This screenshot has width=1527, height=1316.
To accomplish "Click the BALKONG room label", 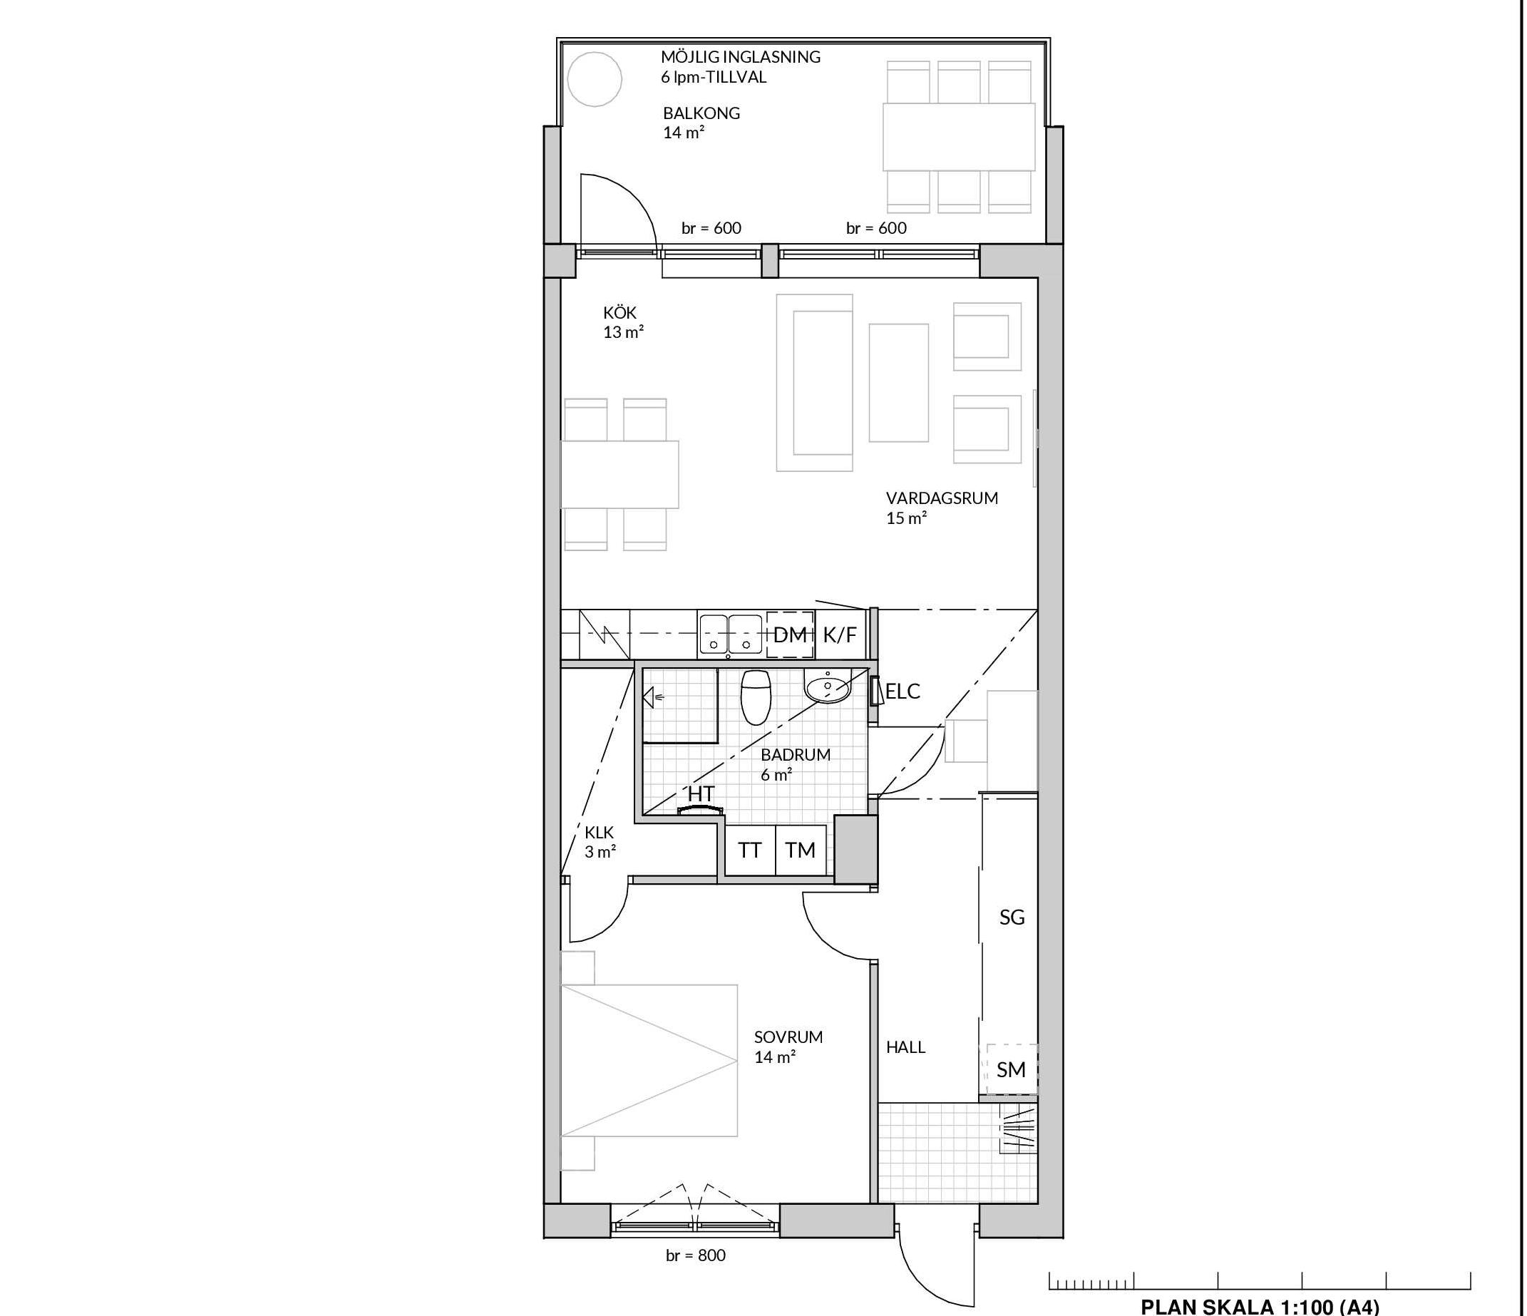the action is click(x=701, y=113).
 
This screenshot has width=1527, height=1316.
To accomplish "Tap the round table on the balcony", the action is click(x=594, y=79).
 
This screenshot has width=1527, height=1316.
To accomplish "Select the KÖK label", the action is click(x=619, y=313).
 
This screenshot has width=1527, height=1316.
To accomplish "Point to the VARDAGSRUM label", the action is click(x=942, y=498).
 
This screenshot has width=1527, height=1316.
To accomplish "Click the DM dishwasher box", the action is click(x=790, y=634).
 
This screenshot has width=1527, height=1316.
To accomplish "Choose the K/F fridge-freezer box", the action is click(x=838, y=634).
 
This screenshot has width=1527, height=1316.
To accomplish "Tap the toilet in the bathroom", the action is click(x=755, y=696).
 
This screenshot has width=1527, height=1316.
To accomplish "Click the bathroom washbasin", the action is click(x=827, y=686).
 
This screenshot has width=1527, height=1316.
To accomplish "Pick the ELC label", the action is click(x=903, y=692).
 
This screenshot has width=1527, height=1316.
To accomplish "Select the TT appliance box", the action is click(x=750, y=850).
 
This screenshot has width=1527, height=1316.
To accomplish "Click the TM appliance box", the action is click(x=801, y=850).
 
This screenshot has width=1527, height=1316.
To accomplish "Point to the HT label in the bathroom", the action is click(x=701, y=793).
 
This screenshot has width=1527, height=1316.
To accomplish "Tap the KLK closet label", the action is click(x=599, y=833).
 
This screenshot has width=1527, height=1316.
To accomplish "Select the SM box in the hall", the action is click(x=1010, y=1069).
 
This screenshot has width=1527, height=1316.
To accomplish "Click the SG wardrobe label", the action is click(x=1012, y=917).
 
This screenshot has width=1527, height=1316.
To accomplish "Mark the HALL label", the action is click(x=906, y=1047).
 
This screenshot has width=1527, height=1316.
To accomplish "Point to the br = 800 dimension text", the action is click(x=696, y=1255).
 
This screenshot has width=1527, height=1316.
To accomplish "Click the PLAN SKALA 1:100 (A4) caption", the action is click(x=1260, y=1307).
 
